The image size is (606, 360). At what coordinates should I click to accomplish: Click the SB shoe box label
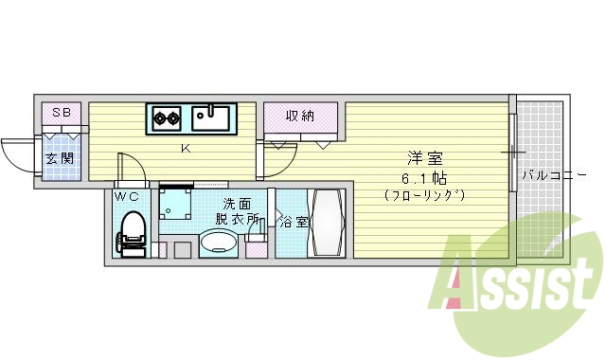click(61, 113)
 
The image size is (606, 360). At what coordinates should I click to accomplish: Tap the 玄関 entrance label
click(61, 158)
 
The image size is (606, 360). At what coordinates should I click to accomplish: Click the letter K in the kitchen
click(187, 148)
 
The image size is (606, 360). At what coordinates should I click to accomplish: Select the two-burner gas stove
click(168, 118)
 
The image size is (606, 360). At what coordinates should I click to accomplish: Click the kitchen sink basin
click(210, 118)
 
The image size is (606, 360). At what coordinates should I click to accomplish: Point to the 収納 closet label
click(301, 116)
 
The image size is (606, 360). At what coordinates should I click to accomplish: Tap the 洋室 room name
click(424, 157)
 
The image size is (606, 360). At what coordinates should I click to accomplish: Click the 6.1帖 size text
click(424, 177)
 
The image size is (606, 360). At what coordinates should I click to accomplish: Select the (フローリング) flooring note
click(424, 195)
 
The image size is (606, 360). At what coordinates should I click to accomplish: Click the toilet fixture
click(132, 233)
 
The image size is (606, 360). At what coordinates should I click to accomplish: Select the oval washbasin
click(219, 245)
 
